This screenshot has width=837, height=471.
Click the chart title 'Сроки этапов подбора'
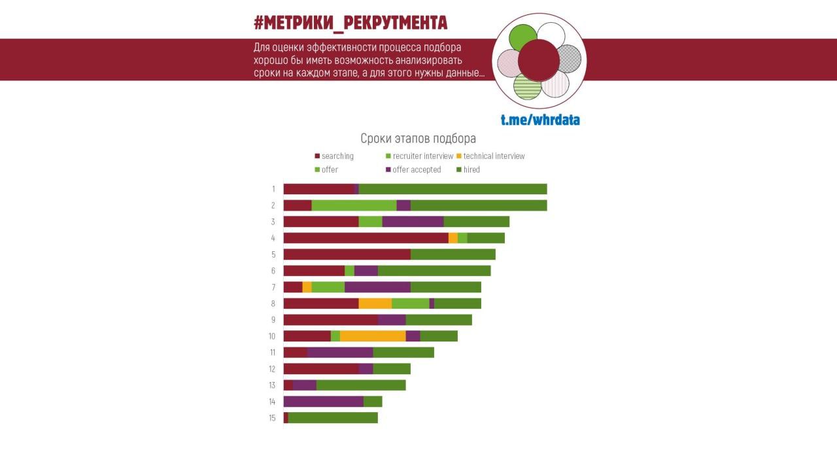tap(418, 139)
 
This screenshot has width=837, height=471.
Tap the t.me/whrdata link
tap(540, 120)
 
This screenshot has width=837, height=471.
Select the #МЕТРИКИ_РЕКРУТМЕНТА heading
tap(350, 24)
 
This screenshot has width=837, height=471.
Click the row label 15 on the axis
tap(272, 418)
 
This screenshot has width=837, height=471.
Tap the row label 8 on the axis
tap(273, 304)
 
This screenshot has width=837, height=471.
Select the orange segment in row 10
tap(373, 336)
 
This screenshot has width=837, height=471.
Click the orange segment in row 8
tap(375, 304)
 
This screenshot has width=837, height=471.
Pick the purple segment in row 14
tap(323, 402)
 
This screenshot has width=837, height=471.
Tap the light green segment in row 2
tap(354, 205)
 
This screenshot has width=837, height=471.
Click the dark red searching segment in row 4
tap(366, 238)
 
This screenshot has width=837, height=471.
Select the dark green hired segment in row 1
tap(453, 189)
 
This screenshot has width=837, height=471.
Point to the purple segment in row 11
tap(340, 353)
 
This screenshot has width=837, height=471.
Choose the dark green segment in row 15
tap(333, 418)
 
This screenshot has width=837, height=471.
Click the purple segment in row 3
tap(413, 222)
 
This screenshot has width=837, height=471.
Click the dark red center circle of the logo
tap(539, 60)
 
